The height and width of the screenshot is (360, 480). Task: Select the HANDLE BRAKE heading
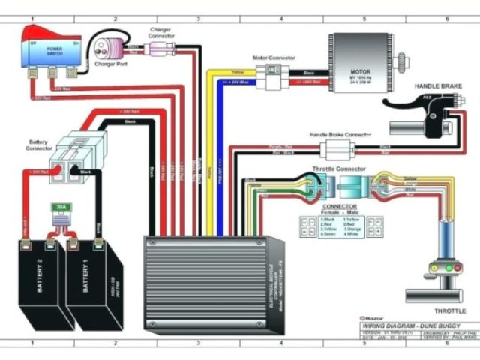[x=438, y=86]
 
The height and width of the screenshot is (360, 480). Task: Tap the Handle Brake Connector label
[x=340, y=135]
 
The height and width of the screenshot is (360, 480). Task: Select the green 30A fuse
[x=60, y=211]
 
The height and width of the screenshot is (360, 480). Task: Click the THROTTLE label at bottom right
[x=450, y=310]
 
